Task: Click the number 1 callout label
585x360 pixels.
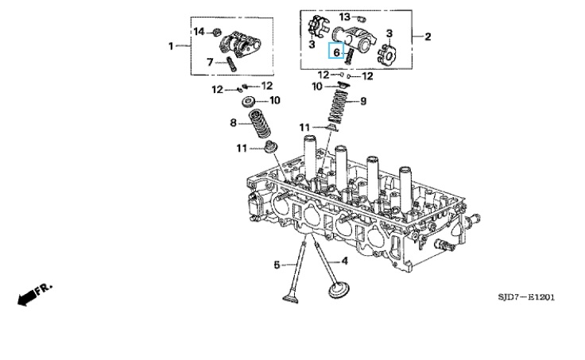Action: pos(171,46)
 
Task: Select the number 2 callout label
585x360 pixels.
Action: pos(428,37)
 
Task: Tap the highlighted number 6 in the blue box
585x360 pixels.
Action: pos(336,52)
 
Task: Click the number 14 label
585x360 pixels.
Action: pos(199,32)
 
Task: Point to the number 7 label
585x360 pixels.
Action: pos(210,62)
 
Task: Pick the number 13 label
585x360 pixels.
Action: pos(345,17)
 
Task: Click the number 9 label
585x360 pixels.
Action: pos(363,101)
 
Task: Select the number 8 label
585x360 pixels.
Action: pos(233,122)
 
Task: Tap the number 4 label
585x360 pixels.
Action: pos(344,261)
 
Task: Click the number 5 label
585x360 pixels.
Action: pos(277,265)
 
